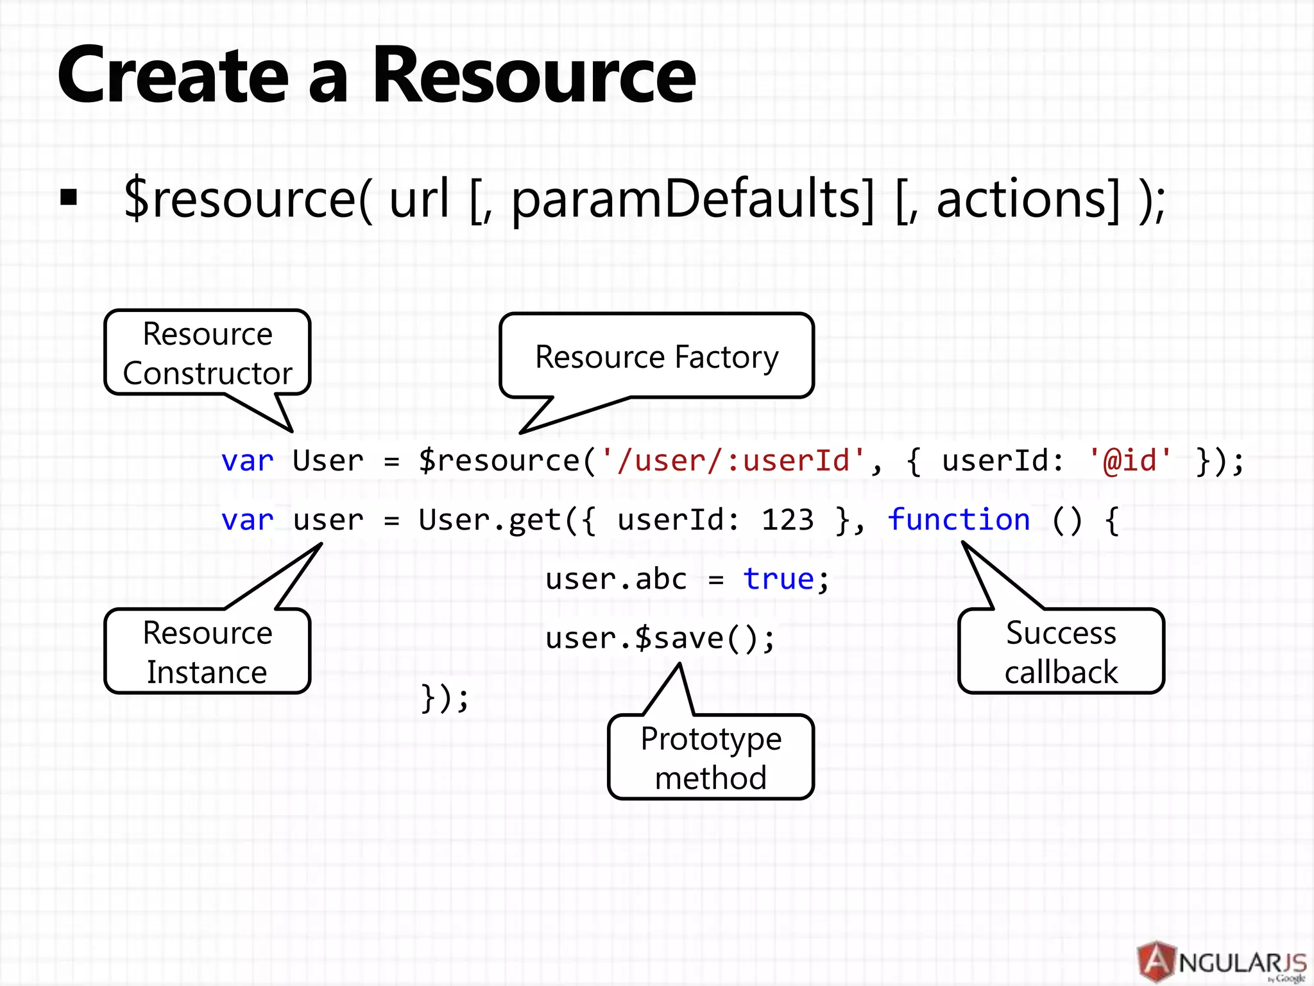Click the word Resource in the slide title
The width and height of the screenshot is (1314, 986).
pyautogui.click(x=534, y=76)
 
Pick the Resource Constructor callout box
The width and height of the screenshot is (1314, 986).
pyautogui.click(x=207, y=353)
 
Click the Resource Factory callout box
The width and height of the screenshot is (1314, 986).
pyautogui.click(x=656, y=356)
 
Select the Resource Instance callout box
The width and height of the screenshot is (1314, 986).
pyautogui.click(x=207, y=652)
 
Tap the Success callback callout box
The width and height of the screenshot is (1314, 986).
pyautogui.click(x=1061, y=652)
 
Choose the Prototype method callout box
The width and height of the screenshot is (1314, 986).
pyautogui.click(x=710, y=757)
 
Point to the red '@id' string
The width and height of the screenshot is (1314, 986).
pyautogui.click(x=1130, y=461)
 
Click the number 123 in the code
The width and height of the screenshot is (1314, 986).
pyautogui.click(x=787, y=520)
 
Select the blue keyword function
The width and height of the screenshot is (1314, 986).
pyautogui.click(x=959, y=520)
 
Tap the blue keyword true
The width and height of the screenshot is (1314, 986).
pyautogui.click(x=778, y=579)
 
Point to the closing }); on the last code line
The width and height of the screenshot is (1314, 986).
pyautogui.click(x=445, y=697)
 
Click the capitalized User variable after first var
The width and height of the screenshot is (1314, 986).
pyautogui.click(x=328, y=461)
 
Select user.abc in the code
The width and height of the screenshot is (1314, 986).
pyautogui.click(x=616, y=579)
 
